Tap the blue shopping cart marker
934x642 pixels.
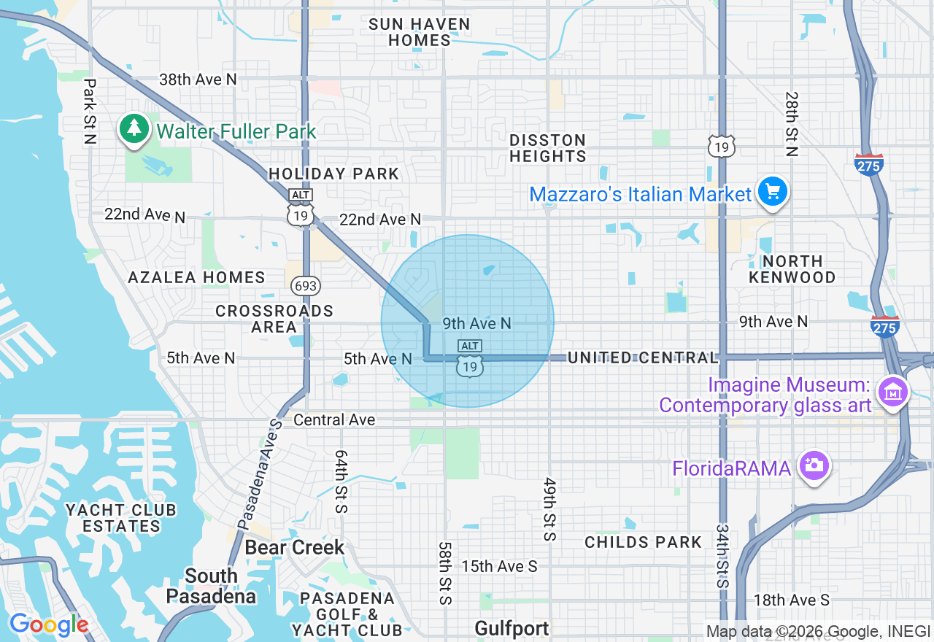coord(773,193)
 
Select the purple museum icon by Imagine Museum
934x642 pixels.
coord(892,392)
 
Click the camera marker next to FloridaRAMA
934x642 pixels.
coord(814,465)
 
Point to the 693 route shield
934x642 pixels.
coord(306,285)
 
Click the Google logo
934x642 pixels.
coord(48,625)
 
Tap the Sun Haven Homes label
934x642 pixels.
coord(419,32)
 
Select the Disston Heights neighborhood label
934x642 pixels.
coord(547,148)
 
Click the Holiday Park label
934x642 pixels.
coord(334,174)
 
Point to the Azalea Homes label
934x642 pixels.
coord(196,277)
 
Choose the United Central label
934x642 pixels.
coord(643,357)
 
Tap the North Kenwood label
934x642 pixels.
coord(792,269)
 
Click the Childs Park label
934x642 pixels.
coord(643,542)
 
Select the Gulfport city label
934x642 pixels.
coord(512,628)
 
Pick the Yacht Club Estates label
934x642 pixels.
coord(121,517)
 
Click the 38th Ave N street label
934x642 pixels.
coord(198,80)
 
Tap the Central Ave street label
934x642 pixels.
coord(334,419)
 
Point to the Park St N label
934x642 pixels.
coord(90,112)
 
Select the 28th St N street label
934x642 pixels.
coord(792,124)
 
